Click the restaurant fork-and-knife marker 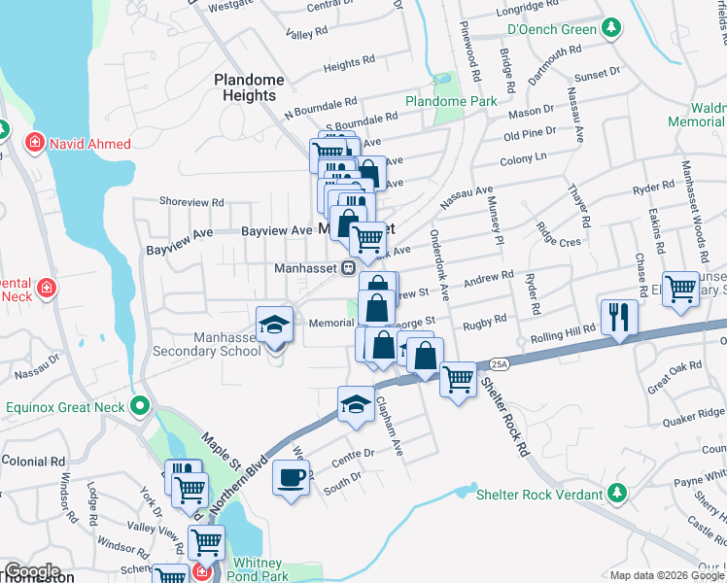tap(619, 316)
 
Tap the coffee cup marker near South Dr tap(292, 477)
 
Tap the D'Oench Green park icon tap(612, 28)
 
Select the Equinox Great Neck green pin tap(140, 406)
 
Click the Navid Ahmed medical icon tap(35, 144)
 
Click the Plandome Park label tap(451, 101)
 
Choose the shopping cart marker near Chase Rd tap(682, 289)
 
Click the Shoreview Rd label tap(191, 203)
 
